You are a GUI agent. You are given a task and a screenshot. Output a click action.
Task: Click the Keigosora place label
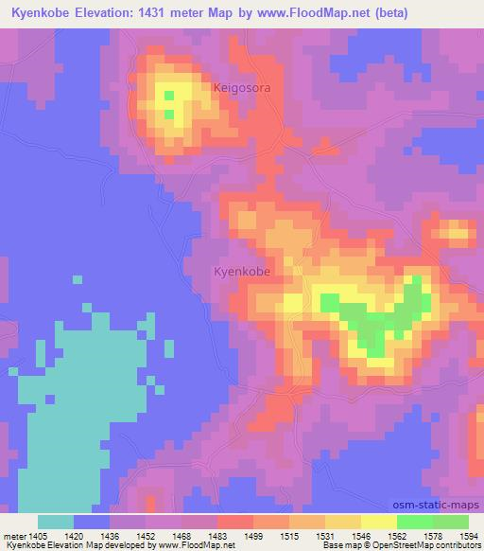point(243,87)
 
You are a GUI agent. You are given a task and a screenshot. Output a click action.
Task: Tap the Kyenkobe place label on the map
point(242,271)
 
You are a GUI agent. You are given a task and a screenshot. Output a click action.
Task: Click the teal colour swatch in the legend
point(55,522)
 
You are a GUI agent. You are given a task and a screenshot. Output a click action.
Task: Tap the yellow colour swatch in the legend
point(379,522)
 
